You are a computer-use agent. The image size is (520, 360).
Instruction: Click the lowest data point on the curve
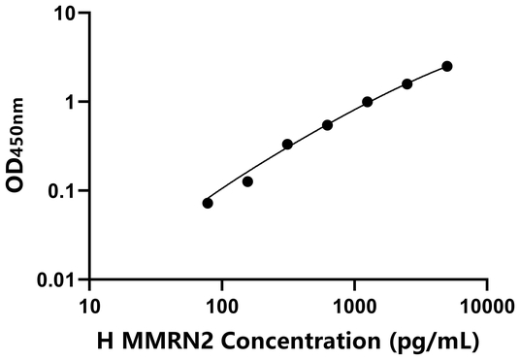(x=208, y=203)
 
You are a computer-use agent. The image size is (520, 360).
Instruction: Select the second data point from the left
(x=247, y=181)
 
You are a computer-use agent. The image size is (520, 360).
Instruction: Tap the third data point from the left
(x=287, y=145)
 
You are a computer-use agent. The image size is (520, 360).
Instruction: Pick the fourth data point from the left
(x=327, y=125)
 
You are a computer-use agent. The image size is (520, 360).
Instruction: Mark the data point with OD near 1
(x=368, y=102)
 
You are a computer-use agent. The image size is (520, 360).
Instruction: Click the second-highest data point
(x=407, y=84)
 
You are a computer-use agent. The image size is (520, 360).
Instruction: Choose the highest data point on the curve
(x=447, y=66)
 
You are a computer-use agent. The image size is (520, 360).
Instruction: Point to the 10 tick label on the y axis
(x=66, y=15)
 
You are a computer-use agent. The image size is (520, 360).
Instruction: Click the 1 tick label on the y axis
(x=72, y=103)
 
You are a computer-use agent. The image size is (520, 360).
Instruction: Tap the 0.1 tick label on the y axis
(x=64, y=191)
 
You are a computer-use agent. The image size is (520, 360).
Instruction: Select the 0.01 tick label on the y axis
(x=60, y=280)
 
